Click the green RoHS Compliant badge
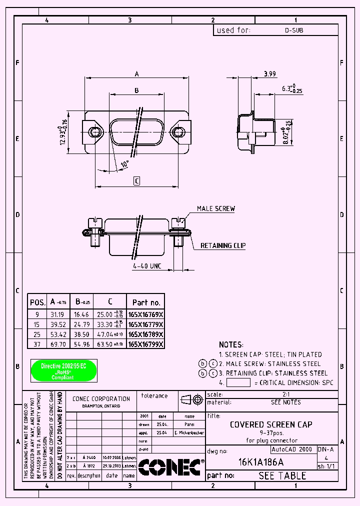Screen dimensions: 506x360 coord(64,370)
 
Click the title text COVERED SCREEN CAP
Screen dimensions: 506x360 coord(271,424)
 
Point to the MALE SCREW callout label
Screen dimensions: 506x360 coord(215,208)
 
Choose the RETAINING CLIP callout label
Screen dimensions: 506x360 coord(223,245)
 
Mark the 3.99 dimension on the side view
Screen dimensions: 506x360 coord(269,74)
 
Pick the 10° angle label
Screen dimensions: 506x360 coord(124,163)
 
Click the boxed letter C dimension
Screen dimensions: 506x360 coord(136,181)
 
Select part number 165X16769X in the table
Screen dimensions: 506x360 coord(145,315)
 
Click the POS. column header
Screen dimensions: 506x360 coord(38,302)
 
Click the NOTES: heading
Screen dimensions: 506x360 coord(231,344)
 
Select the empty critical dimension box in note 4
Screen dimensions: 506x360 coord(238,382)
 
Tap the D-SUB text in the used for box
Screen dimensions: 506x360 coord(294,30)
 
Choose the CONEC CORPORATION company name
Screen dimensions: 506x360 coord(101,398)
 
